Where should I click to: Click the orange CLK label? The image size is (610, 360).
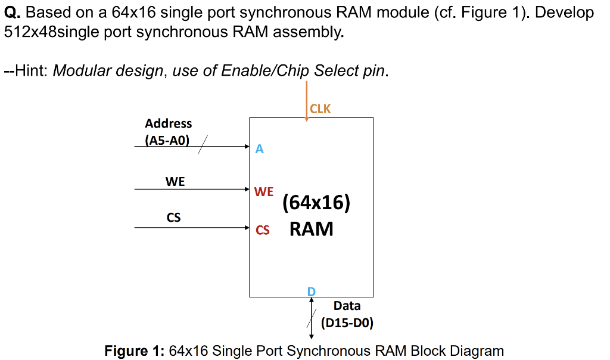320,108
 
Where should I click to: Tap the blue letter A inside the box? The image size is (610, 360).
259,149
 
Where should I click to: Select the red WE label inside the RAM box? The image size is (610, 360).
264,191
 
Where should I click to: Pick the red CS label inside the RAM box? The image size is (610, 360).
263,230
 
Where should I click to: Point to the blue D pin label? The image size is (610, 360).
311,291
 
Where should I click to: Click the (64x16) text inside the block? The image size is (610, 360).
316,203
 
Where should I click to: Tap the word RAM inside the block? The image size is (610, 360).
311,229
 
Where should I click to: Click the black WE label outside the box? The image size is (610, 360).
175,181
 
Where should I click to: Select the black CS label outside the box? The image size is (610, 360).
173,218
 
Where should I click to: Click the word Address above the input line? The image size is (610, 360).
169,123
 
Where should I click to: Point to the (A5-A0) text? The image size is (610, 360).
167,140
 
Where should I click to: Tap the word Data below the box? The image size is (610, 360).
347,306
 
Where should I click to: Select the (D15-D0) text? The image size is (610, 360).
347,323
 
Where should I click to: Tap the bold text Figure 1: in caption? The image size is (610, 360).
135,350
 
